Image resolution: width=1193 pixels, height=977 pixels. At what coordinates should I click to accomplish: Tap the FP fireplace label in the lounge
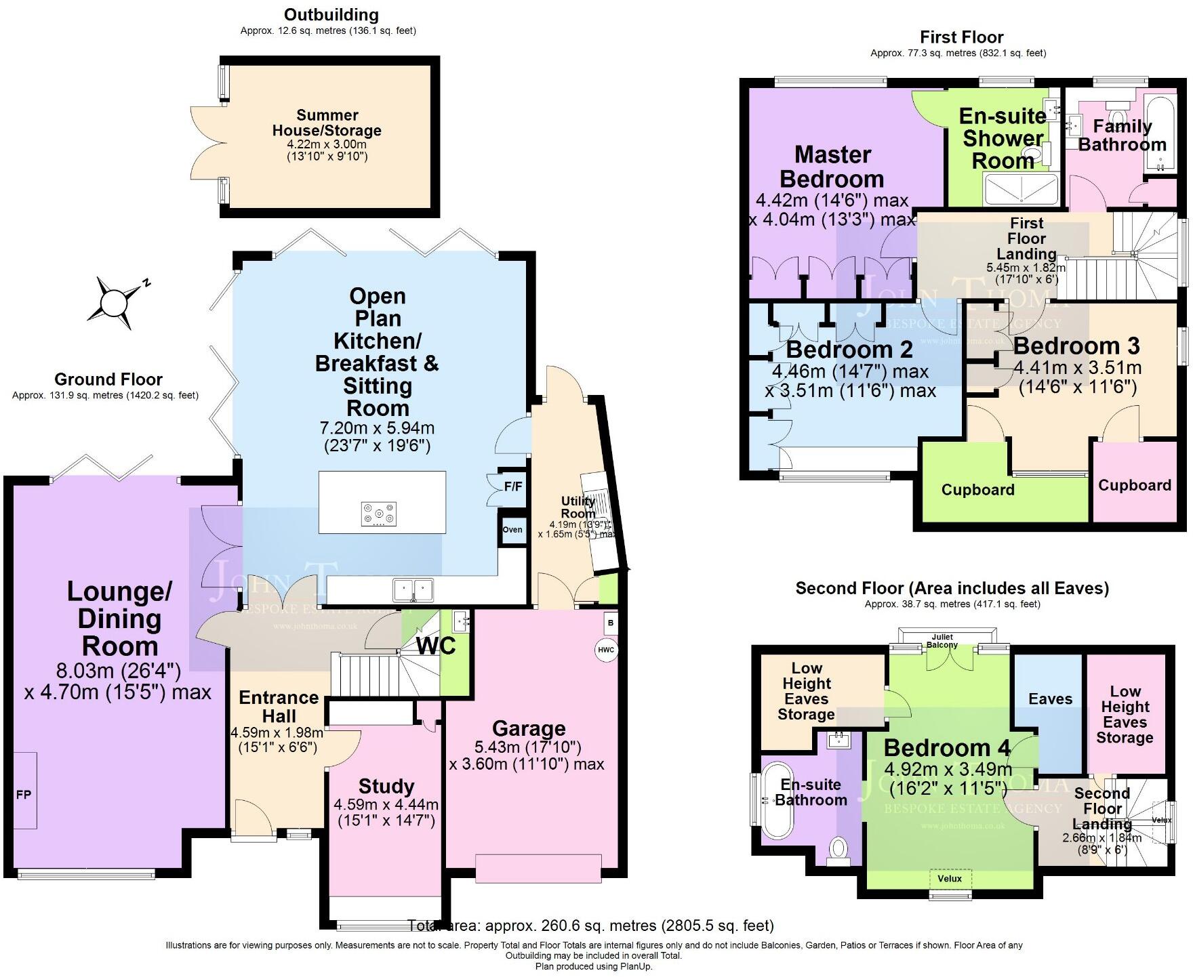tap(24, 794)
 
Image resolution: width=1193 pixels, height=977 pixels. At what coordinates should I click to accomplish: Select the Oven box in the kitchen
tap(512, 529)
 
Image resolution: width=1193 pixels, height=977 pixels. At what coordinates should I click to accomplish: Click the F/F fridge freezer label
tap(513, 486)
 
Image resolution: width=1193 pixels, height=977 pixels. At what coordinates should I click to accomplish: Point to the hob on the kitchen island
tap(380, 513)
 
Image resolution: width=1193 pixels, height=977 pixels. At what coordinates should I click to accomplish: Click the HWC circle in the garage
tap(606, 650)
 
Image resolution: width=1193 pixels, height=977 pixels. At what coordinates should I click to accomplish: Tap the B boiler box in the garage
tap(610, 623)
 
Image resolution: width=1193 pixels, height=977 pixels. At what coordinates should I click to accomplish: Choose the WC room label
tap(436, 646)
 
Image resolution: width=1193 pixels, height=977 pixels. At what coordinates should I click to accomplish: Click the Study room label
tap(386, 787)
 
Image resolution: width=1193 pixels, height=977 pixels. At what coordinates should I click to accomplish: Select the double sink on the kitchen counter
tap(413, 588)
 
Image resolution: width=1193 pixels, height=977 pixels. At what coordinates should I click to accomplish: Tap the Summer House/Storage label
tap(327, 123)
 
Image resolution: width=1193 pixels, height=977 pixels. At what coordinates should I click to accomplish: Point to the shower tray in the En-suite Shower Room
tap(1020, 189)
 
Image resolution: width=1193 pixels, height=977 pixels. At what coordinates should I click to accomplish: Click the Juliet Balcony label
tap(942, 641)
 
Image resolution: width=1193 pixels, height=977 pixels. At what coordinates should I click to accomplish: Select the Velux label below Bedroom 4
tap(950, 879)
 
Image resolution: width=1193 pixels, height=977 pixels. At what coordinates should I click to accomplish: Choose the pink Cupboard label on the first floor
tap(1135, 485)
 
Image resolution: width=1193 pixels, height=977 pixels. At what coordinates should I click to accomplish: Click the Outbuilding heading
tap(331, 14)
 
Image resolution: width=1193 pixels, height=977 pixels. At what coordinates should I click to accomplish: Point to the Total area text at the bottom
tap(590, 926)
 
